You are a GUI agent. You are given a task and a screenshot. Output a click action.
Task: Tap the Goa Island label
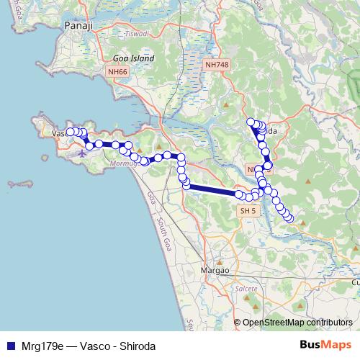tap(130, 59)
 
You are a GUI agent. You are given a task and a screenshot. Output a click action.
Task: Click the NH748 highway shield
tap(217, 65)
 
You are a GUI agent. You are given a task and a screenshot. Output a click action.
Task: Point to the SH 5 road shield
tap(248, 211)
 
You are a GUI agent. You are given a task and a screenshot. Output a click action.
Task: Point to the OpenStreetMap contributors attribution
tap(297, 323)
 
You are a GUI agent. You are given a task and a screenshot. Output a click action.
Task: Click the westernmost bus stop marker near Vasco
tap(71, 132)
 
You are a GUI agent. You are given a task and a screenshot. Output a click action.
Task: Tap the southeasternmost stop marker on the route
tap(290, 218)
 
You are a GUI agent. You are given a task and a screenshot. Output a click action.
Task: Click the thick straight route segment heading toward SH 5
tap(212, 190)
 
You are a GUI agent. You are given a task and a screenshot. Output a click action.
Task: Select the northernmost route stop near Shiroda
tap(251, 122)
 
